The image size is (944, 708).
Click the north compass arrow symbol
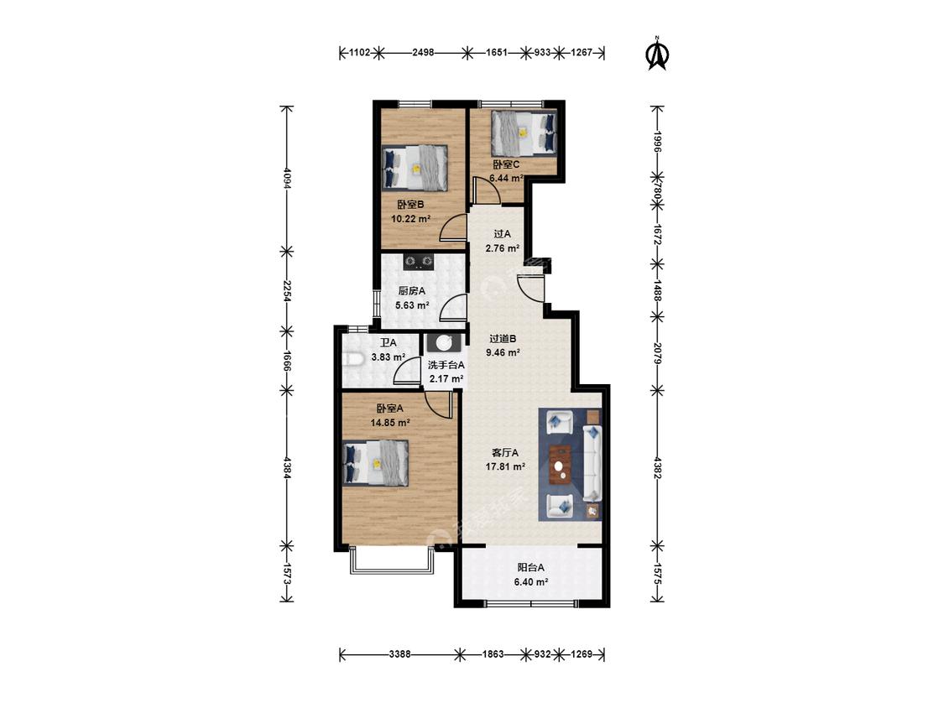coord(657,55)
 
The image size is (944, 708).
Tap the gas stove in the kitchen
coord(419,261)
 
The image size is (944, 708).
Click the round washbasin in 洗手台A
coord(444,342)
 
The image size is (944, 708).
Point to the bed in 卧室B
coord(415,168)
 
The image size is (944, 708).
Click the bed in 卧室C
coord(523,133)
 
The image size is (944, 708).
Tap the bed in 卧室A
coord(376,462)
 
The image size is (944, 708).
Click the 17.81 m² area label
coord(506,466)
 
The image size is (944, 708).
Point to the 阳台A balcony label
coord(531,567)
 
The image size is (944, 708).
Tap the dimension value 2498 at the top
coord(423,52)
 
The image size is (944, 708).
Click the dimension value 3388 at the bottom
coord(399,653)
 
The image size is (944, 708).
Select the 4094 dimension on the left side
coord(287,179)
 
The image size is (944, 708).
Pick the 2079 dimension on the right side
coord(657,353)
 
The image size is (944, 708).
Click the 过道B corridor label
coord(503,339)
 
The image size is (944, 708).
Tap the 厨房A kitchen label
coord(412,291)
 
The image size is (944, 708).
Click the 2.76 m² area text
coord(503,248)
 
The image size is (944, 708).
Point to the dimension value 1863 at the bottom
coord(493,653)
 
